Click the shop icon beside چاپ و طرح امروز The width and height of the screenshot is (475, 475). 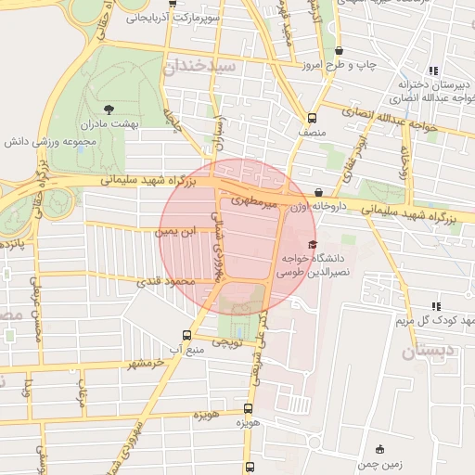338,50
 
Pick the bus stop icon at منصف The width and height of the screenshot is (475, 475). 312,119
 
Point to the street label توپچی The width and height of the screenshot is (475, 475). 227,342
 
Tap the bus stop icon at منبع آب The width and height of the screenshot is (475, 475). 186,335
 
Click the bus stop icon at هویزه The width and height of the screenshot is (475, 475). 248,408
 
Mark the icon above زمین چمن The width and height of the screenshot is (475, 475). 379,449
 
